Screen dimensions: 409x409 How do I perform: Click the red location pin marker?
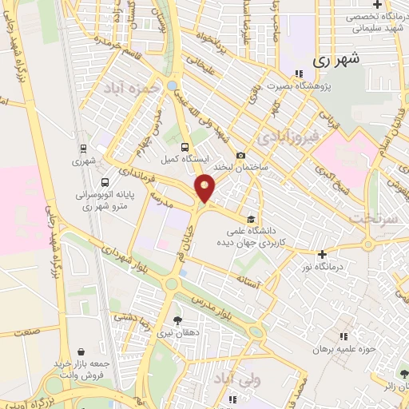click(205, 188)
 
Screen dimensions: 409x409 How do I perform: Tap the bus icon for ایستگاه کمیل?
click(185, 147)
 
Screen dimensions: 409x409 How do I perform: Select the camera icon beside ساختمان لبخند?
click(240, 156)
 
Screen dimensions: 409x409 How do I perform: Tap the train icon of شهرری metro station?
click(83, 149)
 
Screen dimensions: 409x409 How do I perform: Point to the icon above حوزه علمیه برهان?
click(344, 337)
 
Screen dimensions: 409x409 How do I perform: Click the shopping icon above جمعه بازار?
click(81, 351)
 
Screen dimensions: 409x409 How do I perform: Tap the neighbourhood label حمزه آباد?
click(126, 89)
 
